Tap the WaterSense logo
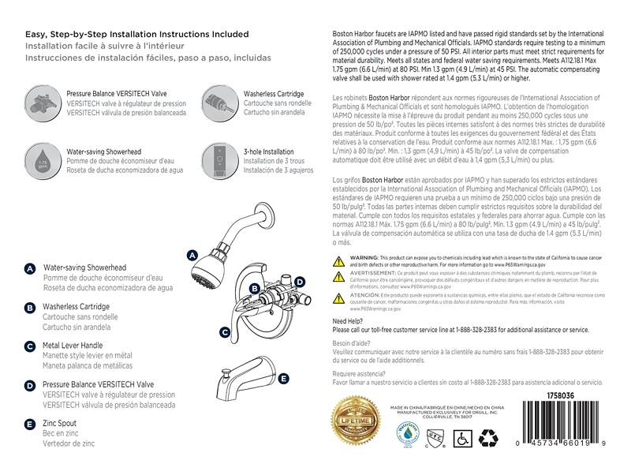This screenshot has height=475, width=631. click(405, 435)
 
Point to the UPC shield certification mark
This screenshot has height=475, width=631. click(433, 435)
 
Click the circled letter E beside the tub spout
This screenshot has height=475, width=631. click(283, 379)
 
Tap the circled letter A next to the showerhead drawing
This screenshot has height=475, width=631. click(192, 255)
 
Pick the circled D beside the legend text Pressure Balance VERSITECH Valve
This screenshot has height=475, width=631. click(29, 386)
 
